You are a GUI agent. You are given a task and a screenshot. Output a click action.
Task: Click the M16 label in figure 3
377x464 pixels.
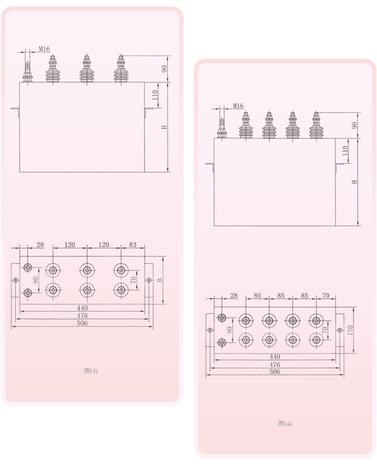pyautogui.click(x=44, y=49)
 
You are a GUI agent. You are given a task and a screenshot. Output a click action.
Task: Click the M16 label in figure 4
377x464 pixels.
pyautogui.click(x=238, y=106)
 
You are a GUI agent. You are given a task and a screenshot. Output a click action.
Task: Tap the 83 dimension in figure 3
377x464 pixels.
pyautogui.click(x=133, y=245)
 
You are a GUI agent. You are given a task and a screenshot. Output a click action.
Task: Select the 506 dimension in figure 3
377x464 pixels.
pyautogui.click(x=82, y=323)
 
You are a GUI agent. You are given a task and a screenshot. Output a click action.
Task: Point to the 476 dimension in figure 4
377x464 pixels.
pyautogui.click(x=275, y=364)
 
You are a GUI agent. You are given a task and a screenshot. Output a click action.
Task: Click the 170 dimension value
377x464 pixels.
pyautogui.click(x=351, y=330)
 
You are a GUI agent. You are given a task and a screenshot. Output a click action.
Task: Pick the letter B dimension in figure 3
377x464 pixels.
pyautogui.click(x=160, y=280)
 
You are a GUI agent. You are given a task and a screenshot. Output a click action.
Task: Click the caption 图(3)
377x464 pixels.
pyautogui.click(x=91, y=371)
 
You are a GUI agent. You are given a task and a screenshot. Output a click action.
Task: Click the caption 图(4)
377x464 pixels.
pyautogui.click(x=285, y=424)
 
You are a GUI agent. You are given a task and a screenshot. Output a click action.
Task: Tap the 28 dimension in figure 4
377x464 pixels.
pyautogui.click(x=234, y=296)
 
